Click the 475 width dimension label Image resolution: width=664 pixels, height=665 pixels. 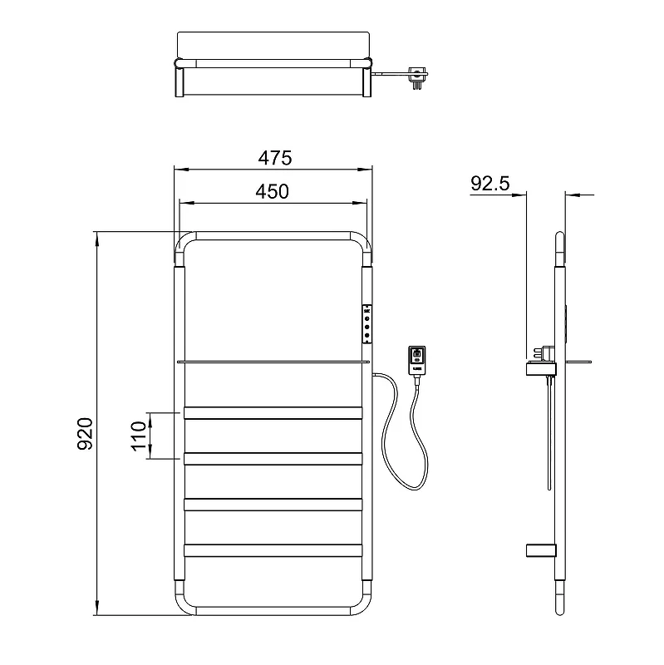(x=275, y=158)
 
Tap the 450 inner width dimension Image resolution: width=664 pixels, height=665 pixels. (x=273, y=192)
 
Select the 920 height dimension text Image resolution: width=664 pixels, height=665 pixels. (x=86, y=434)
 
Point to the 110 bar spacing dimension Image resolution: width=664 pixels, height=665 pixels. (x=139, y=436)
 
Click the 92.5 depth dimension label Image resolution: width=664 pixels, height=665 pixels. (x=489, y=184)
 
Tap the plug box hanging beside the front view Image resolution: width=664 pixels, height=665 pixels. (x=417, y=361)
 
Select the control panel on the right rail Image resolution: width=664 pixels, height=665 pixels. (x=367, y=323)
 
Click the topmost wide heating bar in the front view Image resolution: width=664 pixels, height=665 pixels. (x=273, y=413)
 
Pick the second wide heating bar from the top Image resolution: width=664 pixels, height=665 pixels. (x=273, y=459)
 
